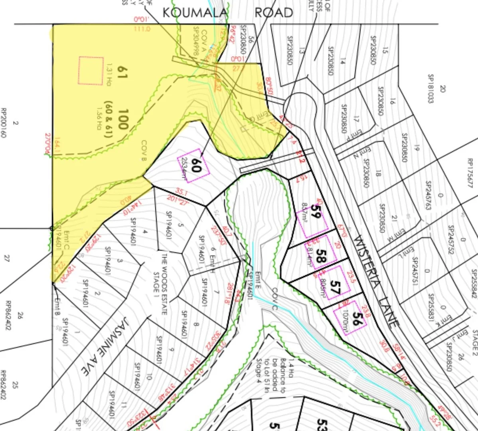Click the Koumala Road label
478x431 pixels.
[x=227, y=12]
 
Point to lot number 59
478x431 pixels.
[x=316, y=210]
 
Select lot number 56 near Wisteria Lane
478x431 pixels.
[x=358, y=320]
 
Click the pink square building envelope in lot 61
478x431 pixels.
[x=91, y=70]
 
